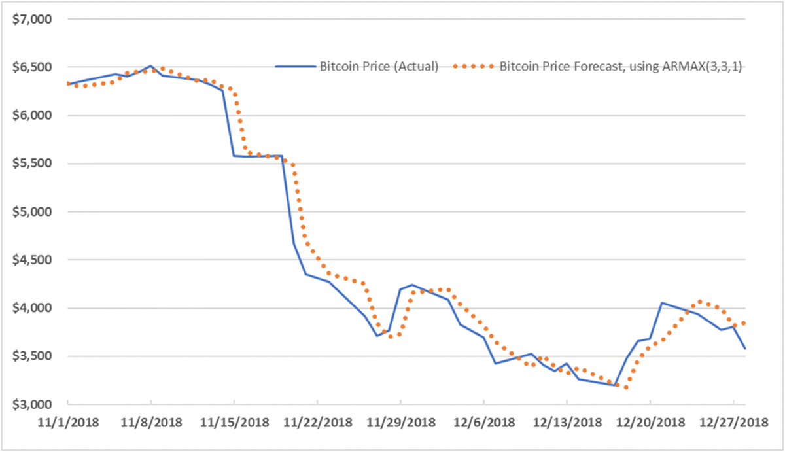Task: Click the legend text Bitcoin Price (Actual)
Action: pyautogui.click(x=378, y=66)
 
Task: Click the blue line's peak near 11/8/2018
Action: pyautogui.click(x=150, y=66)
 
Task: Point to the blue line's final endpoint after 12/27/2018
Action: pyautogui.click(x=745, y=349)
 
